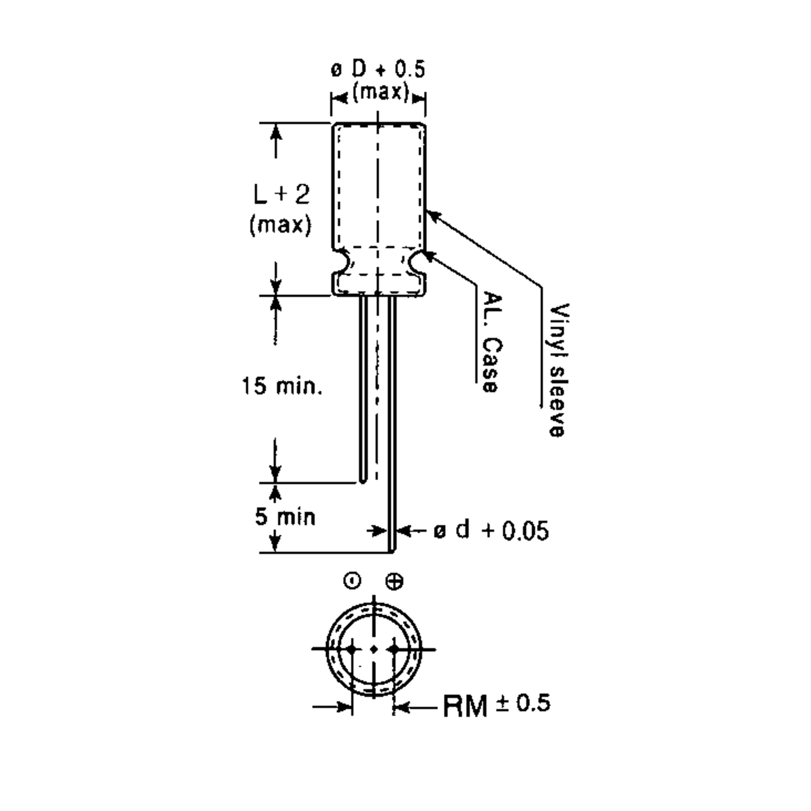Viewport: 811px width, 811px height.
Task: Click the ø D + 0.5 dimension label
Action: tap(378, 69)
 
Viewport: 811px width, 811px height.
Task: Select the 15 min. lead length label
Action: tap(282, 386)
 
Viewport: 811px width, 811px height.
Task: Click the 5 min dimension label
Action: tap(285, 516)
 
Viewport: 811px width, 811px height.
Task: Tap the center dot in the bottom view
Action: tap(374, 649)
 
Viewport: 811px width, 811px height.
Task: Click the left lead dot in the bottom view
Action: tap(352, 649)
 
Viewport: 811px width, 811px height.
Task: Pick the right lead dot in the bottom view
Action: tap(394, 649)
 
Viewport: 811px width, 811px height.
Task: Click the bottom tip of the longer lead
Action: tap(392, 551)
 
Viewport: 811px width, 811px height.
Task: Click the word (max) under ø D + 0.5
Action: tap(380, 92)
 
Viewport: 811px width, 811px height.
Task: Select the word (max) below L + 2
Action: tap(280, 225)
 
